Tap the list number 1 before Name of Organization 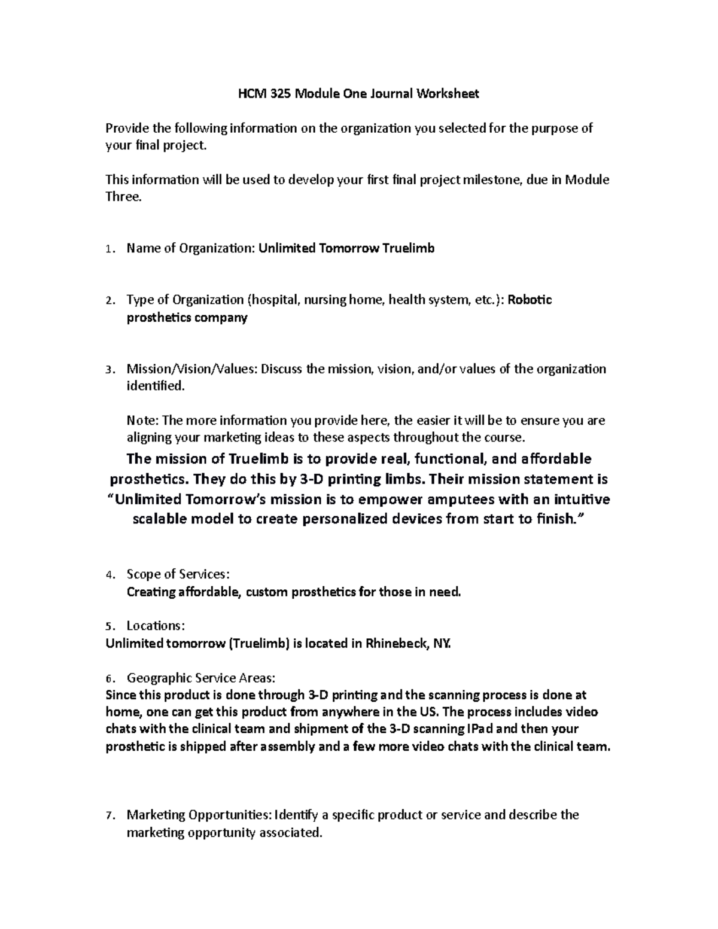click(x=108, y=249)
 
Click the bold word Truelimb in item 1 click(x=409, y=248)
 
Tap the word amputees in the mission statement click(x=420, y=499)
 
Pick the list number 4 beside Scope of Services click(x=108, y=575)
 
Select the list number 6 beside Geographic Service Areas click(x=108, y=678)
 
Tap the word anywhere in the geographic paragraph click(x=349, y=712)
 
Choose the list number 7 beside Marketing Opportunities click(x=108, y=815)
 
